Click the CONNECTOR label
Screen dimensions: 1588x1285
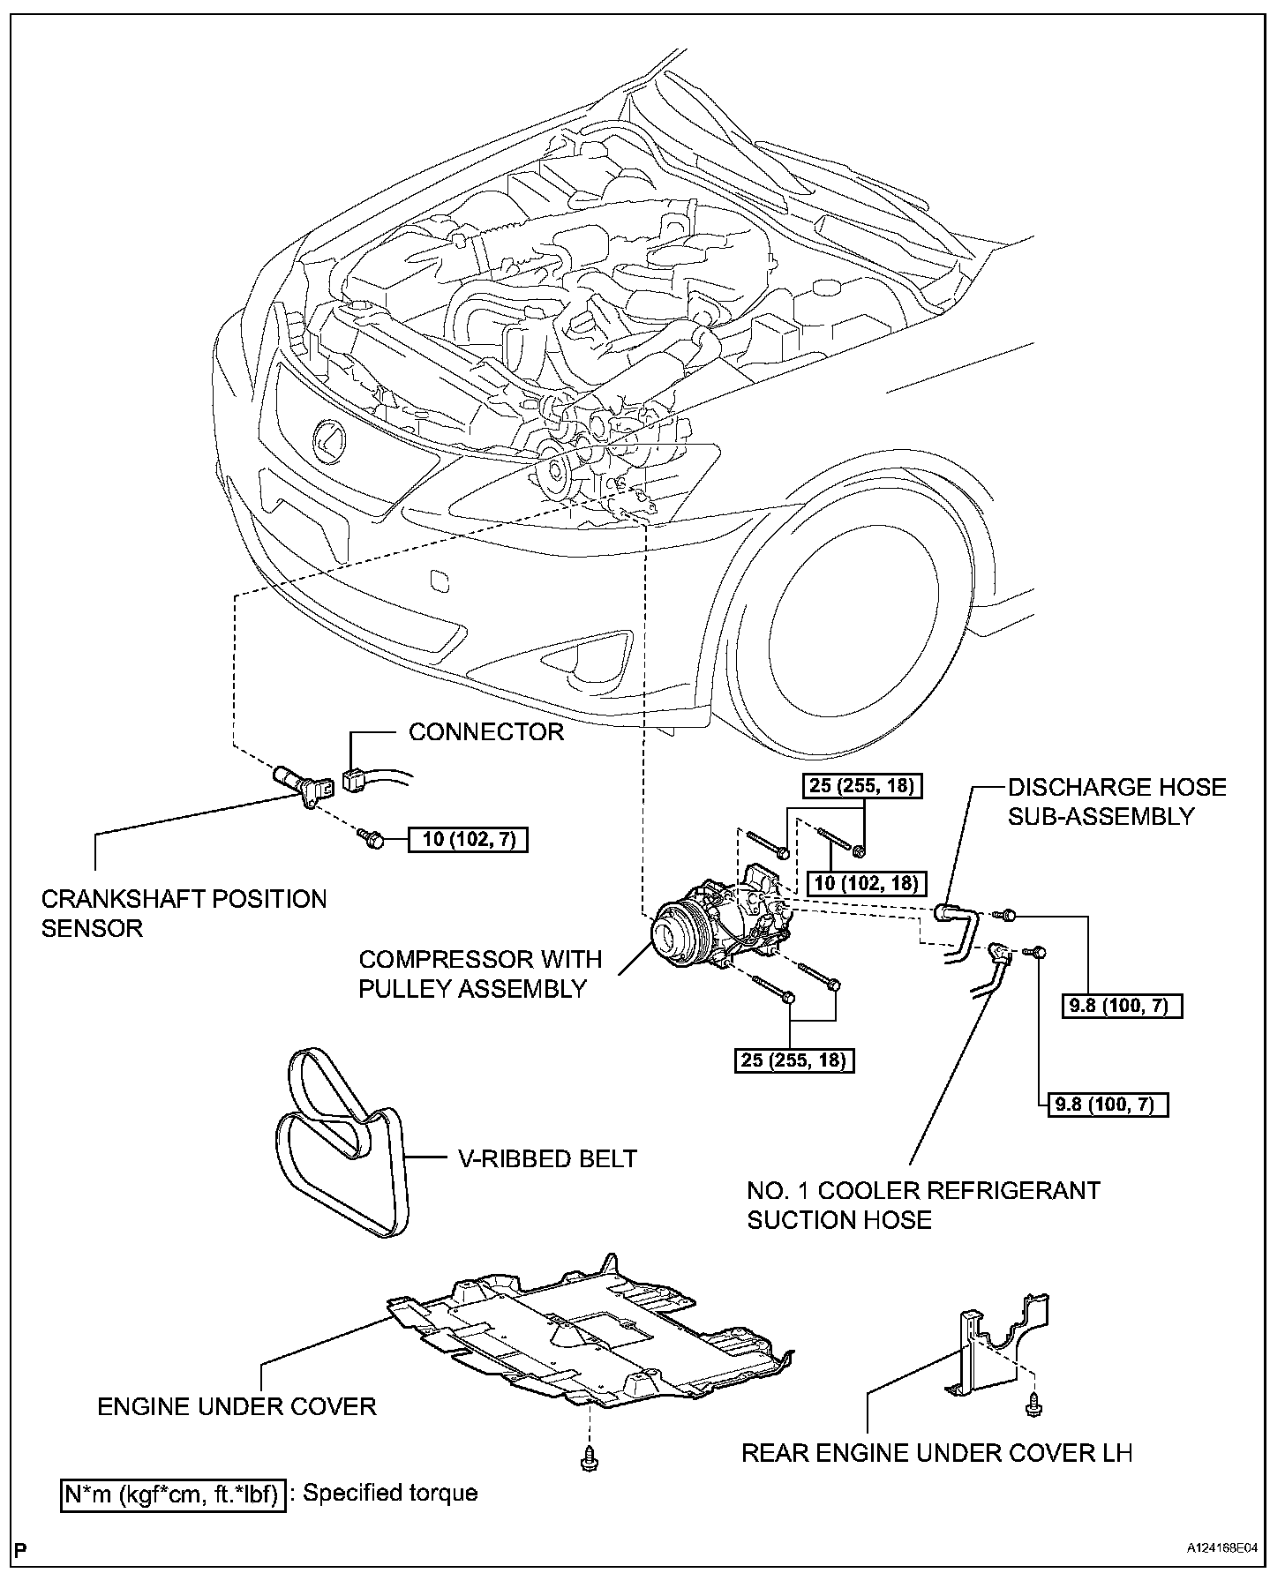[485, 732]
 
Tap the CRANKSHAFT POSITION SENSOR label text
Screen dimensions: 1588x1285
[184, 913]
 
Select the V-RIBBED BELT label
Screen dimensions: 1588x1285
[547, 1158]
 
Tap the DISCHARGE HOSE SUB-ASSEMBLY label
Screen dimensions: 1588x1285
[1116, 801]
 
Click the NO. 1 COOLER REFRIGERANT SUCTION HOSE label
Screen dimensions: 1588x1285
[923, 1205]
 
